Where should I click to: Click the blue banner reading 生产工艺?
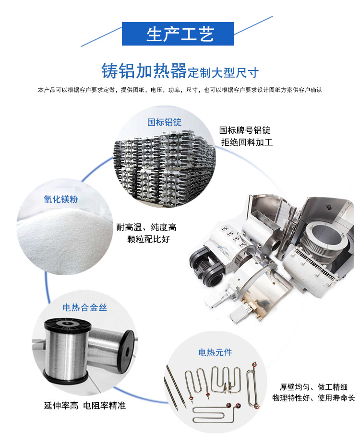tap(178, 34)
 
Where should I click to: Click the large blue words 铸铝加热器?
tap(144, 71)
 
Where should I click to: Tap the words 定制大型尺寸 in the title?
tap(223, 73)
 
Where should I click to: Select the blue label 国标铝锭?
tap(165, 122)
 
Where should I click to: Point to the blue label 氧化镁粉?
tap(60, 199)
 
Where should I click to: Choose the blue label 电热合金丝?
tap(85, 307)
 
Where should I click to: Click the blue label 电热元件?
tap(215, 352)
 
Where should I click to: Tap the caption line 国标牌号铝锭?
tap(245, 130)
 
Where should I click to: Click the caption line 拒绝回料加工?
tap(247, 142)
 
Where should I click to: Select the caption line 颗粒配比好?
tap(148, 239)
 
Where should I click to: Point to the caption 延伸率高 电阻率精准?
tap(85, 406)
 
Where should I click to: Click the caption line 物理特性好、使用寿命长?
tap(313, 398)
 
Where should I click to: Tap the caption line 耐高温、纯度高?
tap(146, 227)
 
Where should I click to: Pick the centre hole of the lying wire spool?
tap(128, 351)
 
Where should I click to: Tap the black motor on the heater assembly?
tap(206, 265)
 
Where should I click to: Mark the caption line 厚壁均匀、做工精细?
tap(313, 387)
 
